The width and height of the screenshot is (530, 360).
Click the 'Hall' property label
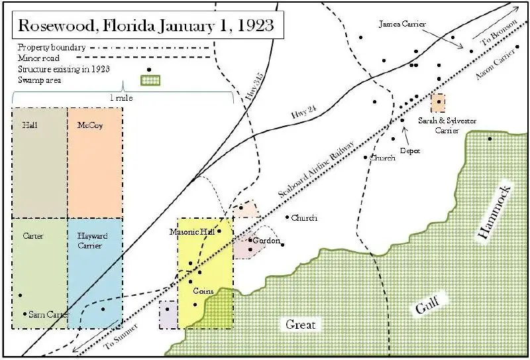29,125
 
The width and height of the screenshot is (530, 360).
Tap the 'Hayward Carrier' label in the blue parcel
92,241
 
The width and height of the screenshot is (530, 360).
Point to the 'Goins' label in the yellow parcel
203,291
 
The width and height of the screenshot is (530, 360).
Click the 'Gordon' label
267,241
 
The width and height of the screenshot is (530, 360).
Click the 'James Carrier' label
402,24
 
